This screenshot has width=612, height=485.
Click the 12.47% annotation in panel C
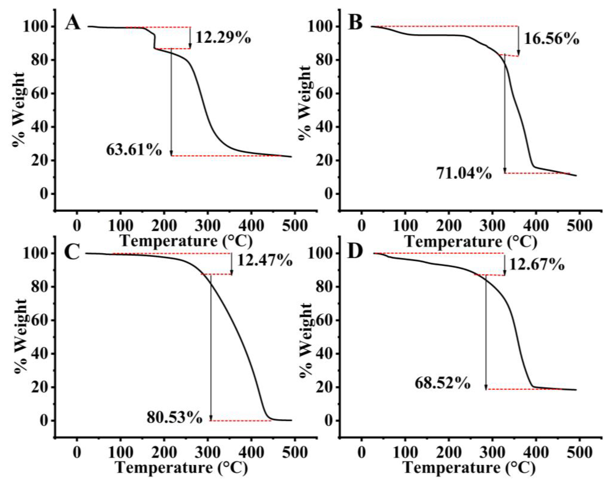pos(264,260)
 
